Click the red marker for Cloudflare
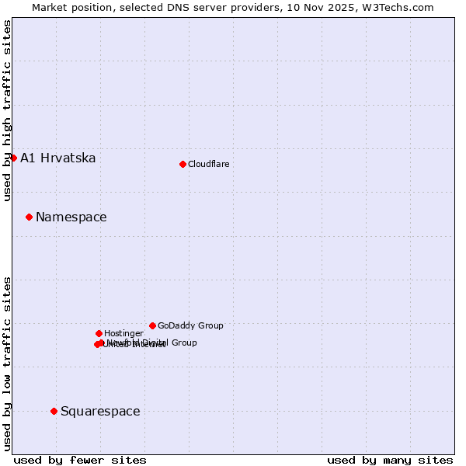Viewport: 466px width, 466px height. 183,164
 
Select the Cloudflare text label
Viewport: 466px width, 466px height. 208,164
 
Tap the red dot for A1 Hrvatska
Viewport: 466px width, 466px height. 13,158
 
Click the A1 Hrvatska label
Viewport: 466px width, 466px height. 58,158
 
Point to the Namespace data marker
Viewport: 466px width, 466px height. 29,217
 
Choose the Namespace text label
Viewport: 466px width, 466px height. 71,217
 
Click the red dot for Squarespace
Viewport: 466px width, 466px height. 54,411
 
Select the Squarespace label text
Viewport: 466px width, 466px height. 100,412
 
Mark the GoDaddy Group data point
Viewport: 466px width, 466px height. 152,325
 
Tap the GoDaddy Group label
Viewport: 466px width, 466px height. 190,326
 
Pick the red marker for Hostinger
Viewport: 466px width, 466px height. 99,333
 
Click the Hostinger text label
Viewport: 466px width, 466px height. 123,334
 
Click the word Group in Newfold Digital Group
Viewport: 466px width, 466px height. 183,343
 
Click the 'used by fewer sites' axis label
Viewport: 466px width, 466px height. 80,460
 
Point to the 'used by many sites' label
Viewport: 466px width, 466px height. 390,460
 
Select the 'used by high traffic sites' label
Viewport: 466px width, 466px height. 7,110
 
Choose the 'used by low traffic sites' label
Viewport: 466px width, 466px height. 7,363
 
